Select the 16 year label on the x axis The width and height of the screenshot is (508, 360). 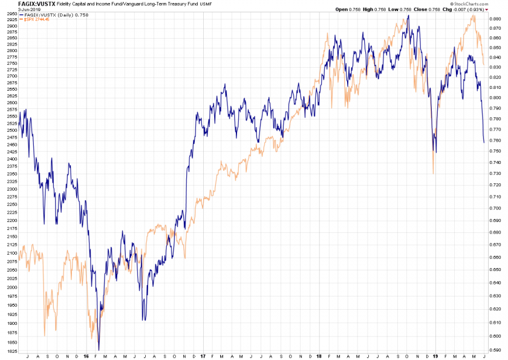pos(86,357)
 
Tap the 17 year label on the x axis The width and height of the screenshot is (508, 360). pos(203,357)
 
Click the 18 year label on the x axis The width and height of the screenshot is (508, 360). pos(319,357)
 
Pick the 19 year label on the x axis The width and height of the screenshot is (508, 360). pos(435,357)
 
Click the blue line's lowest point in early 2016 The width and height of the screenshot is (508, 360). pos(99,350)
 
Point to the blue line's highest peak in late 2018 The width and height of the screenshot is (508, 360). pos(409,15)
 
